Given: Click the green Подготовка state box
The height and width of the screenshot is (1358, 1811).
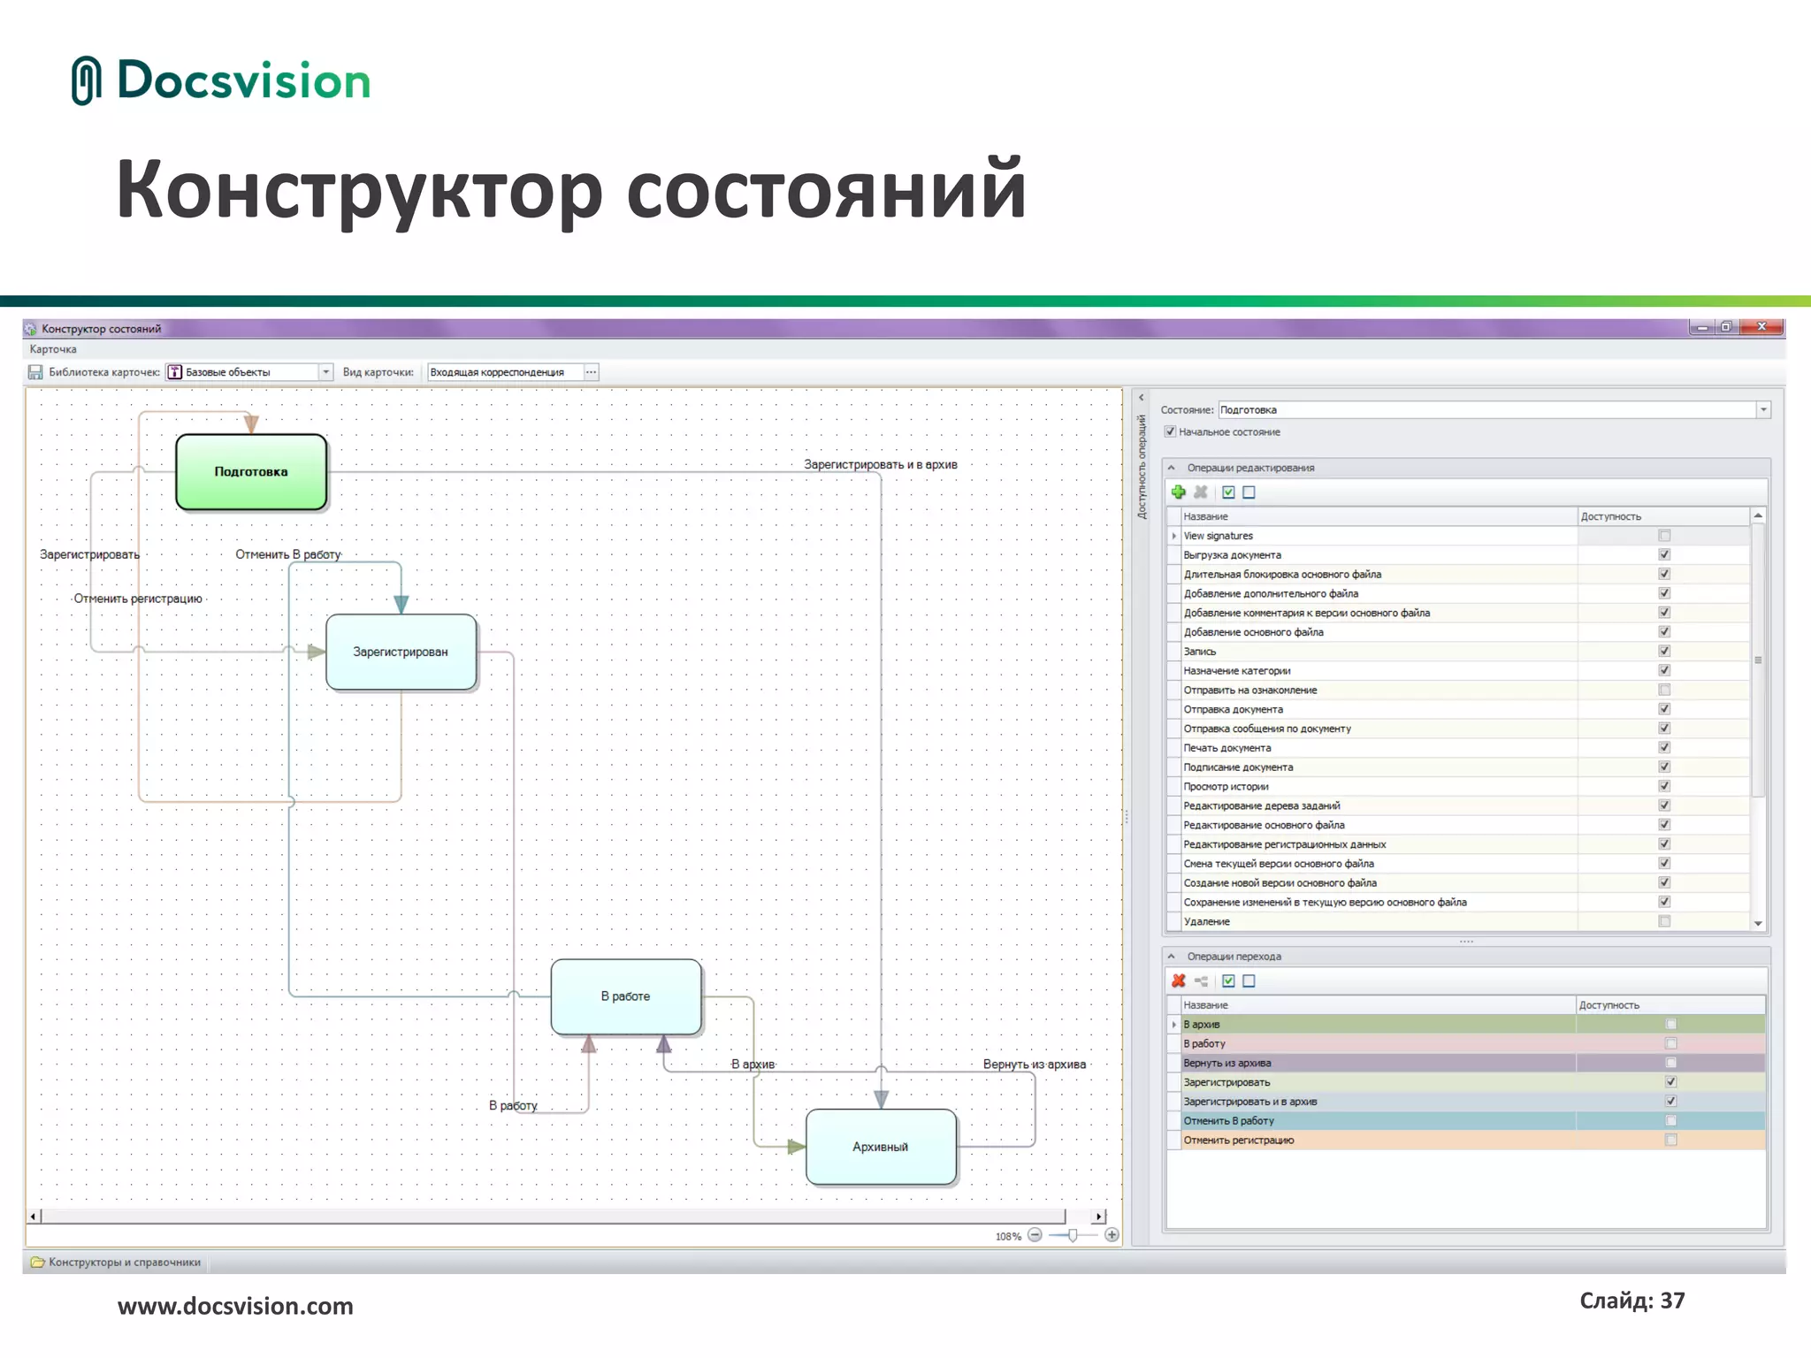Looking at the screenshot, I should point(251,472).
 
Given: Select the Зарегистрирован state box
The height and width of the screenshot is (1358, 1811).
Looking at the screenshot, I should point(401,652).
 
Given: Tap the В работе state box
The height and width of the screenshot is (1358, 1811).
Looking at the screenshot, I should point(625,996).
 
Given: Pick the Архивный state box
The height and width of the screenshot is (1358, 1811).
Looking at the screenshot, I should point(881,1147).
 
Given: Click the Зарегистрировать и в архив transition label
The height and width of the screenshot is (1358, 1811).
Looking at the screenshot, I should point(880,464).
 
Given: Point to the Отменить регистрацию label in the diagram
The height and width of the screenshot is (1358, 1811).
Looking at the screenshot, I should point(138,599).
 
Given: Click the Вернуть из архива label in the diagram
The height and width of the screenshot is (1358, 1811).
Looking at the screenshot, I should point(1034,1064).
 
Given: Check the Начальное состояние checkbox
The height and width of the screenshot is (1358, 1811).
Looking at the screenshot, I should point(1171,432).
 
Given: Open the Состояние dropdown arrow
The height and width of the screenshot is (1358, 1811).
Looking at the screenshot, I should point(1763,410).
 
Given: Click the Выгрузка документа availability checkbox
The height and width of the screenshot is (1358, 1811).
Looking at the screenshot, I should point(1664,555).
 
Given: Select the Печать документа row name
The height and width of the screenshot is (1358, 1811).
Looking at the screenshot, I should point(1226,748).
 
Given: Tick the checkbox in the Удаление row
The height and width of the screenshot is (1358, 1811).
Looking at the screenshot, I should point(1664,921).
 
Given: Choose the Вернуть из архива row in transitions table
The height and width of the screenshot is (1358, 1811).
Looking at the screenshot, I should point(1227,1063).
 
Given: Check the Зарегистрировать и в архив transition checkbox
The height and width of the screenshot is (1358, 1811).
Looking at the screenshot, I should point(1670,1102).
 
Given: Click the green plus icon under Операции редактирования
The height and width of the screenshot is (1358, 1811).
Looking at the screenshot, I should point(1179,492).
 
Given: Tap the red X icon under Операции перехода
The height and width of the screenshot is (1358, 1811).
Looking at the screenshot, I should point(1179,981).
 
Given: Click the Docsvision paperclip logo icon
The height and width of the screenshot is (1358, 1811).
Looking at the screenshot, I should point(86,80).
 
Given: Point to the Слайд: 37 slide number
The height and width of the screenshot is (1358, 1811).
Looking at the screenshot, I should point(1631,1301).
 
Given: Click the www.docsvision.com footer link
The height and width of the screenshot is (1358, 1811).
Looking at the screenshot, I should point(235,1307).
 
